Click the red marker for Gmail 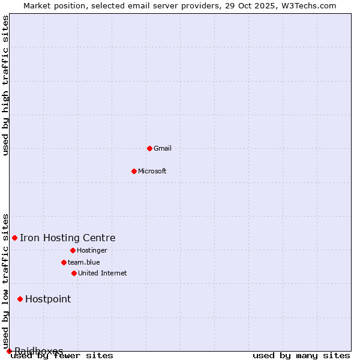point(149,148)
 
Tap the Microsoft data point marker point(134,171)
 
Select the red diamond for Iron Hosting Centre point(14,238)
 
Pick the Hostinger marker point(73,250)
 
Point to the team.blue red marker point(64,262)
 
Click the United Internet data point point(74,273)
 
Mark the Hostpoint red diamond point(20,299)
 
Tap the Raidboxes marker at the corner point(9,351)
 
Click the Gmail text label point(163,148)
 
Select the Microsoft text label point(152,171)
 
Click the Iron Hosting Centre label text point(68,238)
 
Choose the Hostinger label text point(92,250)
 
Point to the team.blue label point(84,262)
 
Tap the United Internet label point(103,273)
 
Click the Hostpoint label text point(48,299)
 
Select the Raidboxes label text point(39,351)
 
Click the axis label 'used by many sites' point(301,356)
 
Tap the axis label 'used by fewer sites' point(62,356)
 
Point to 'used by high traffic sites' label point(6,86)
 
